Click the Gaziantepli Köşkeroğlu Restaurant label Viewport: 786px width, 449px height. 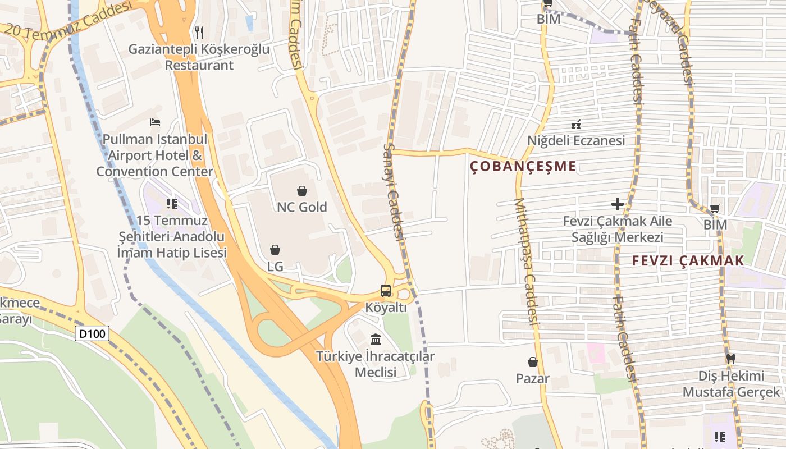[x=199, y=57]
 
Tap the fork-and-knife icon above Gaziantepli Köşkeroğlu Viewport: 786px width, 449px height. [x=199, y=33]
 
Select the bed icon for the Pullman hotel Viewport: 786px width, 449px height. [x=155, y=122]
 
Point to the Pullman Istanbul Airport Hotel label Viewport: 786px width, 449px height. [x=155, y=155]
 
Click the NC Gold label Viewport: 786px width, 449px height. [x=302, y=207]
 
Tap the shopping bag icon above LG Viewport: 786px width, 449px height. [x=275, y=250]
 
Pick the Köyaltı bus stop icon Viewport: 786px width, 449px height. [x=386, y=291]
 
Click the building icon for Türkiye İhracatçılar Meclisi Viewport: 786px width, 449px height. [x=376, y=339]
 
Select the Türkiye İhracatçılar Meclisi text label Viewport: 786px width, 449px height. [x=376, y=364]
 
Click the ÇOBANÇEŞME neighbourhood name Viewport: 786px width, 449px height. [x=523, y=166]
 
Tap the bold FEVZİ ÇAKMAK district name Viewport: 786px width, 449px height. [x=688, y=260]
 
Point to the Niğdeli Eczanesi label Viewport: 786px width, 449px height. [x=576, y=140]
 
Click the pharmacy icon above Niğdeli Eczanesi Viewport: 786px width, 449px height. [x=576, y=124]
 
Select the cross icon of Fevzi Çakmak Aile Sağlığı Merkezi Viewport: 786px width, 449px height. [x=618, y=204]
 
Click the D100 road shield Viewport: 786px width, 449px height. [x=92, y=334]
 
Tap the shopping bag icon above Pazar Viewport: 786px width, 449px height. [x=533, y=363]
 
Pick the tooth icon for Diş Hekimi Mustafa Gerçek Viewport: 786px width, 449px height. [x=730, y=358]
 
